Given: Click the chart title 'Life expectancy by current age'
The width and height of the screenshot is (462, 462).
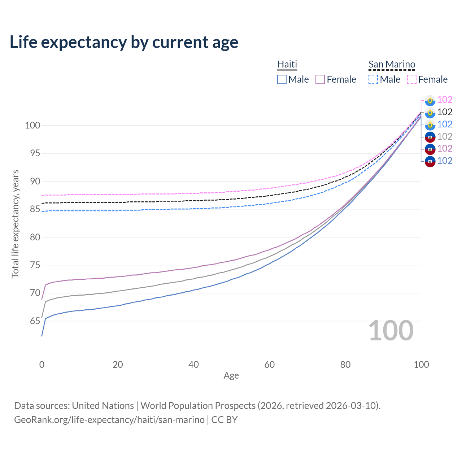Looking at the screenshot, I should (x=124, y=42).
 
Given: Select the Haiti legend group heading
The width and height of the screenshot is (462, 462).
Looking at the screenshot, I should (x=287, y=64).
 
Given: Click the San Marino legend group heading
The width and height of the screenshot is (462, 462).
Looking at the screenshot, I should (x=392, y=64).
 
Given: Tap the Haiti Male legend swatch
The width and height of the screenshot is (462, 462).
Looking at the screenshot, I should (x=282, y=79).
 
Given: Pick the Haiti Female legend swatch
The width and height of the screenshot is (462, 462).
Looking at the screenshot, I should (x=320, y=79).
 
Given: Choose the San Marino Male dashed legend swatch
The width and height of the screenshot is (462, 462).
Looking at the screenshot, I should (x=373, y=79).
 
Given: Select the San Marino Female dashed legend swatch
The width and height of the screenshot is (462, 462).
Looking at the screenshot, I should (x=412, y=79).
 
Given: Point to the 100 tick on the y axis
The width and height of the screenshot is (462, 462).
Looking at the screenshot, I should (x=32, y=126).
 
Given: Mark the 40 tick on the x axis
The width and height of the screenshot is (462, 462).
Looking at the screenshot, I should (x=193, y=365).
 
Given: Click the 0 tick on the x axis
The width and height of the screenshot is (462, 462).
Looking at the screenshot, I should (x=42, y=365).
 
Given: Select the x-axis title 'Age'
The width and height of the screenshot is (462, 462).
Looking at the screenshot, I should (x=231, y=375).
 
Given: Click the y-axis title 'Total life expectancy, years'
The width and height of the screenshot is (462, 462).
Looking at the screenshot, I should (x=15, y=224).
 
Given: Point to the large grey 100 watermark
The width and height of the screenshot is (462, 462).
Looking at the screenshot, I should (x=391, y=331).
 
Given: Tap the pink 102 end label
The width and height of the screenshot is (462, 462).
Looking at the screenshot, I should (x=445, y=100).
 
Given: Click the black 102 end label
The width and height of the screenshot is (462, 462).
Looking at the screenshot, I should (x=445, y=112).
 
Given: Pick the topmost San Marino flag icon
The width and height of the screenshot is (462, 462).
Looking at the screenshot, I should (x=430, y=100).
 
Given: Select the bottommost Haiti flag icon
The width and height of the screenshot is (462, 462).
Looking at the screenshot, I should (x=430, y=161).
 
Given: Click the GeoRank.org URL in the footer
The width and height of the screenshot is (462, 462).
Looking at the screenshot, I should (x=109, y=420).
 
